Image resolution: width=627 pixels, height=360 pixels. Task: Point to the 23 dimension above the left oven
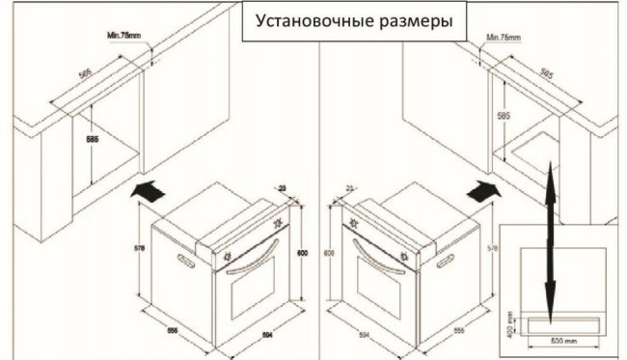tap(282, 189)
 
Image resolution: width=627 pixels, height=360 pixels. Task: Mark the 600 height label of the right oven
tap(328, 253)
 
